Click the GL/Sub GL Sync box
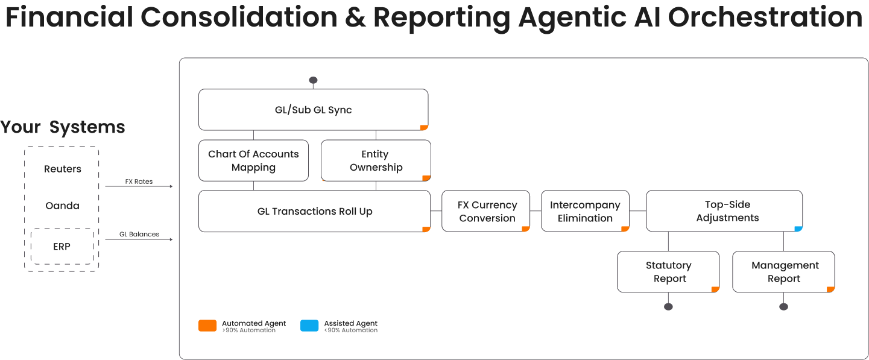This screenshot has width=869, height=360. pos(313,110)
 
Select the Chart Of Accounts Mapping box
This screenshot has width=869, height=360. pos(253,160)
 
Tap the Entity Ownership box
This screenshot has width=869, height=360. pos(376,160)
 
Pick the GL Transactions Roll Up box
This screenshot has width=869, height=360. pos(314,211)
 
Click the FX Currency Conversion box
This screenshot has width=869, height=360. pos(486,211)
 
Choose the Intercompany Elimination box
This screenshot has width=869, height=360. pos(585,211)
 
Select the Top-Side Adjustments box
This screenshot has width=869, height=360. pos(724,211)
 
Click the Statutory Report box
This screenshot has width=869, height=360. pos(668,272)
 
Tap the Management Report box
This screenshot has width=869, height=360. pos(783,272)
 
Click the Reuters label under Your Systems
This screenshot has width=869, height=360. pos(62,169)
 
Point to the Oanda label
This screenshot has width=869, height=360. pos(62,206)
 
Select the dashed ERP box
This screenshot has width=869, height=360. pos(62,246)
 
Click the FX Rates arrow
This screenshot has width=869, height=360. pos(139,186)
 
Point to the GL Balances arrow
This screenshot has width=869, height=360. pos(139,239)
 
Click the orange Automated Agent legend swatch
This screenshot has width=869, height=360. pos(207,326)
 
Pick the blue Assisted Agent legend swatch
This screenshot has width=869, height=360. pos(309,326)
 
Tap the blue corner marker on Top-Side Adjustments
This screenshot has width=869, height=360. pos(798,229)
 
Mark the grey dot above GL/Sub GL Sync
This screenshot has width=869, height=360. pos(313,80)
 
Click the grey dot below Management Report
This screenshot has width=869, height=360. pos(783,306)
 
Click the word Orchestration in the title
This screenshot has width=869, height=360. pos(765,17)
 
